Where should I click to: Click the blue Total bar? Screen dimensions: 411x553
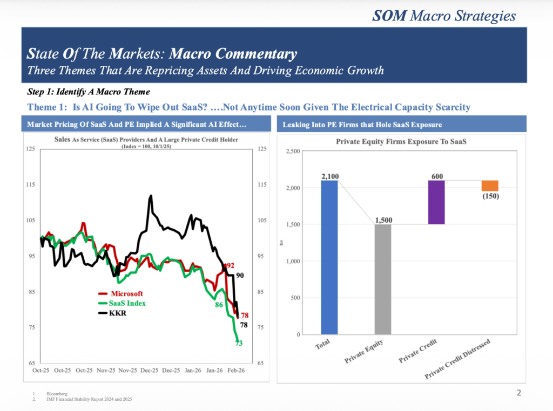[329, 257]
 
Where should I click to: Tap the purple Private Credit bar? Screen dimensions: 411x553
[436, 202]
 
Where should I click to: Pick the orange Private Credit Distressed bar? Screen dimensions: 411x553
[490, 186]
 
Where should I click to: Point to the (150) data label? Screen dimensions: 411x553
[490, 196]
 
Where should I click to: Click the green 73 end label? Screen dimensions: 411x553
[239, 343]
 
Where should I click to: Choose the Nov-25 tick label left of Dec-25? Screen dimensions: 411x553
[127, 371]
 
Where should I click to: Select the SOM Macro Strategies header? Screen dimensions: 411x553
[444, 16]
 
